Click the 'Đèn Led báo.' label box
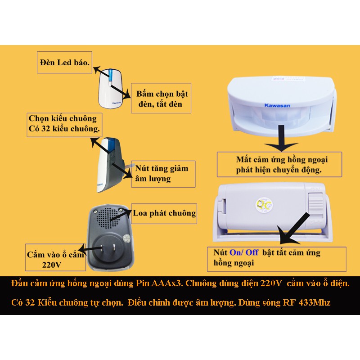tap(64, 63)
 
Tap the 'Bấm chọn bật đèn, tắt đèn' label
tap(161, 98)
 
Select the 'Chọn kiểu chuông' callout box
tap(64, 125)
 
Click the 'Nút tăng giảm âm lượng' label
tap(163, 174)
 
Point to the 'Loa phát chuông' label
tap(164, 213)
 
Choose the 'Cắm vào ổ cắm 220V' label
tap(55, 257)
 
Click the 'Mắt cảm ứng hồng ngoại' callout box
tap(279, 164)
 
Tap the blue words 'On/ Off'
tap(244, 252)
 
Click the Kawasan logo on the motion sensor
tap(277, 105)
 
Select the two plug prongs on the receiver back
tap(108, 250)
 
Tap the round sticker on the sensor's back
tap(264, 204)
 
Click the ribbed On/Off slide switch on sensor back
tap(315, 206)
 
